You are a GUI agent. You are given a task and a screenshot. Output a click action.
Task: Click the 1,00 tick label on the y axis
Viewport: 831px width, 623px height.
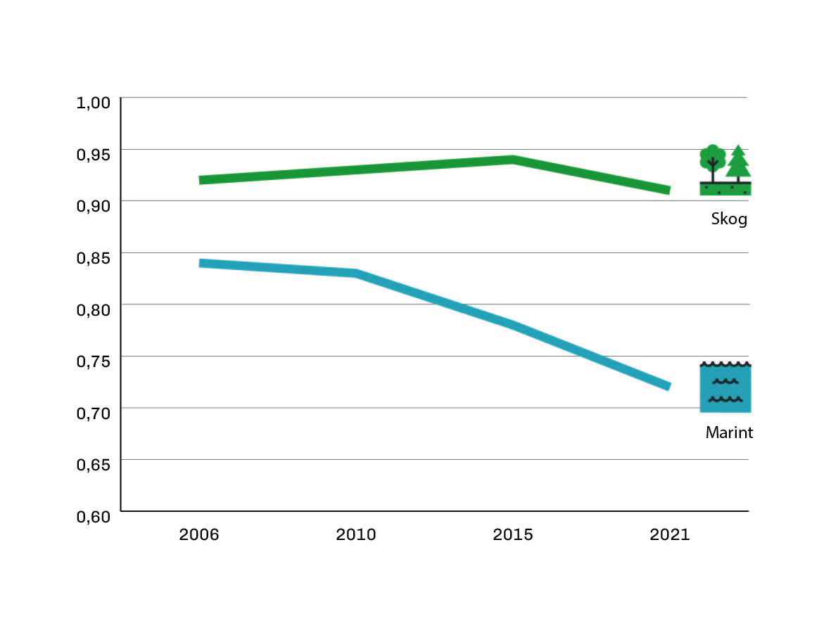tap(94, 102)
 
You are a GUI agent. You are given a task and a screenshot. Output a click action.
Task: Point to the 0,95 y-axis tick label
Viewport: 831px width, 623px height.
tap(94, 154)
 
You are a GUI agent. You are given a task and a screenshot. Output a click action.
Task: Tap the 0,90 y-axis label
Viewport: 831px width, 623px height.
tap(94, 205)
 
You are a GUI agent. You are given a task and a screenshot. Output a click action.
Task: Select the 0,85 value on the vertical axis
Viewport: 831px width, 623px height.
tap(94, 257)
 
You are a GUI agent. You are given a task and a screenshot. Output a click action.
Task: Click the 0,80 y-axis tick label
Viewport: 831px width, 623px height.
tap(94, 309)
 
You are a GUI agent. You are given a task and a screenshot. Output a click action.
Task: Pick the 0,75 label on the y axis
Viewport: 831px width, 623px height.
tap(94, 361)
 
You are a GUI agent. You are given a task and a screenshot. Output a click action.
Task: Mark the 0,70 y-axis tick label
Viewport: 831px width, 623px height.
tap(94, 412)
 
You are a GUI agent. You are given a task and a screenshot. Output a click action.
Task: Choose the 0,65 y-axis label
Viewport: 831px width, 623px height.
tap(94, 464)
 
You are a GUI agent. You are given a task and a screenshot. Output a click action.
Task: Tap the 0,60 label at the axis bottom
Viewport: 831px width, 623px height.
tap(94, 515)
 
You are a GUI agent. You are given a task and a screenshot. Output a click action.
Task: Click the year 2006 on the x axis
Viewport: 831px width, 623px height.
tap(199, 534)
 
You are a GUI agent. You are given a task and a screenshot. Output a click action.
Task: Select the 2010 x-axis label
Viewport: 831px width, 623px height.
tap(356, 534)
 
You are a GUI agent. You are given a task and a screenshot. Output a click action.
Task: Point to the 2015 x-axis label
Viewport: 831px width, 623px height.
tap(513, 534)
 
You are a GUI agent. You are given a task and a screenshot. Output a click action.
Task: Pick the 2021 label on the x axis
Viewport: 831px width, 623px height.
tap(670, 534)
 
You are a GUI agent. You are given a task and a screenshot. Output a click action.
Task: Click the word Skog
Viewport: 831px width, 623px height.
tap(728, 219)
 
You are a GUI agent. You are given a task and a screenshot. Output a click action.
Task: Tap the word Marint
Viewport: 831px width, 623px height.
tap(729, 433)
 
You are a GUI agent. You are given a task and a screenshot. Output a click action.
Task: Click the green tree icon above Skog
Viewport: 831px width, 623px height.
tap(725, 169)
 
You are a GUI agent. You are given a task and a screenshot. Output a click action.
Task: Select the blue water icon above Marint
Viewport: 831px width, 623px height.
tap(725, 387)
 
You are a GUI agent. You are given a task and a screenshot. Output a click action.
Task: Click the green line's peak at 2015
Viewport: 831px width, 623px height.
tap(513, 160)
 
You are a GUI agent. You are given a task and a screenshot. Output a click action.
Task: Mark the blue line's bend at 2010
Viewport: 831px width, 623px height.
tap(356, 273)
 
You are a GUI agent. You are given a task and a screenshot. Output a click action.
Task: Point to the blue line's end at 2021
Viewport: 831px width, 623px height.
tap(668, 386)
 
